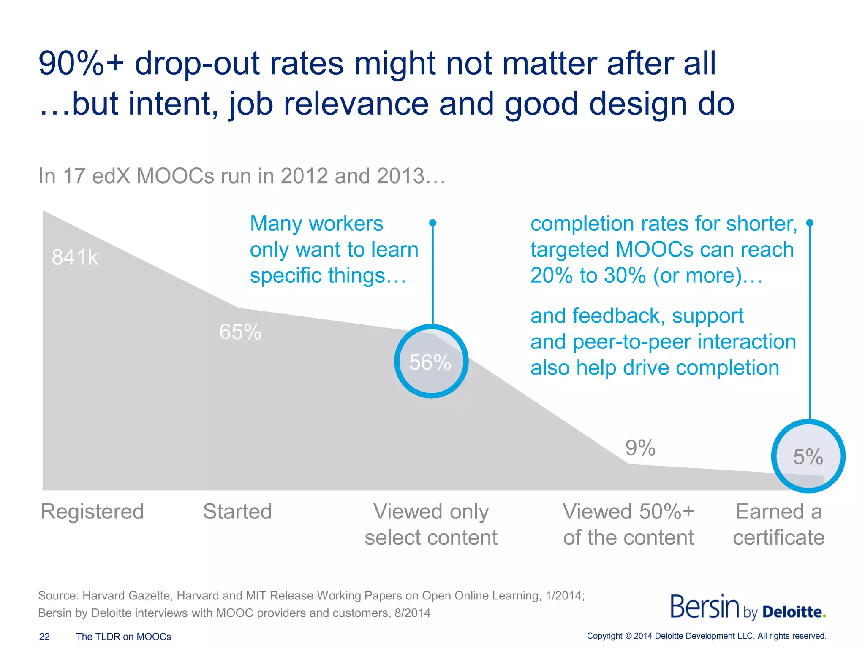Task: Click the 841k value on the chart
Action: pos(75,257)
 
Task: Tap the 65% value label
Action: pos(240,332)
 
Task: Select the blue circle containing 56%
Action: pos(431,361)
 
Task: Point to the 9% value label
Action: pos(640,448)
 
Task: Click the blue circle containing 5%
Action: pos(808,456)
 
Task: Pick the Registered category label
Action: pos(92,512)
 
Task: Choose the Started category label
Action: pos(237,512)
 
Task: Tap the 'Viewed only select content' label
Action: pos(431,524)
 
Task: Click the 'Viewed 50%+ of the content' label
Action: pos(628,524)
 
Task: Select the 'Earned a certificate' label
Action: pos(778,524)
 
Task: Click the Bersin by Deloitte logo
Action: pos(748,607)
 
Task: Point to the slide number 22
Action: pos(44,637)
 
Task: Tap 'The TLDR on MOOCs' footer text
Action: pos(123,637)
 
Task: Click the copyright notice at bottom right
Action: pos(707,636)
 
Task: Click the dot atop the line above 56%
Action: pos(432,223)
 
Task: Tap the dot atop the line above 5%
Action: pos(810,223)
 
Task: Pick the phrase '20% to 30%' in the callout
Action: pos(588,275)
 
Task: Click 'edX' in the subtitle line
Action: pos(112,176)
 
